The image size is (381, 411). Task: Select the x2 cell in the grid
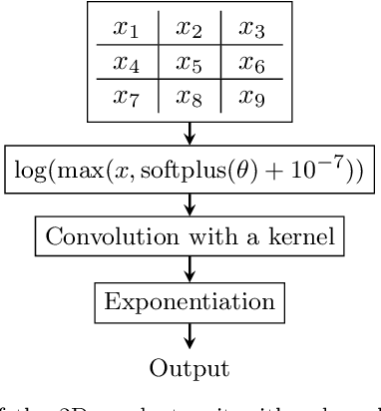(x=190, y=29)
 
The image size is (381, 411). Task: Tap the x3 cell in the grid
(x=250, y=29)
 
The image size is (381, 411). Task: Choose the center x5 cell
(x=190, y=63)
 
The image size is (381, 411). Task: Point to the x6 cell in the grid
(x=250, y=63)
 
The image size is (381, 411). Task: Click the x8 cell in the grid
(x=190, y=97)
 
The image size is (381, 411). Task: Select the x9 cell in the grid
(x=250, y=97)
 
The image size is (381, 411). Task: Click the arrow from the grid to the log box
(x=190, y=132)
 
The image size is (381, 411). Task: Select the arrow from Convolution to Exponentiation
(x=190, y=264)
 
